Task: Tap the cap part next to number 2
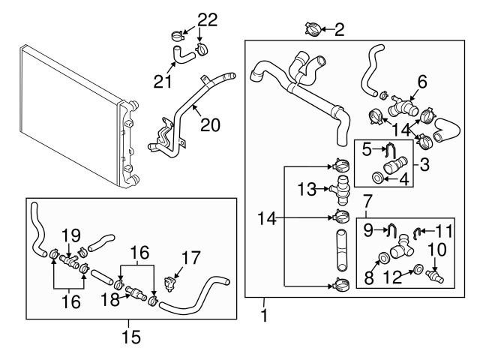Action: (312, 29)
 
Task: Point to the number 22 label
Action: (187, 18)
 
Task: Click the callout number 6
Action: (421, 80)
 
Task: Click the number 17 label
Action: (190, 258)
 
